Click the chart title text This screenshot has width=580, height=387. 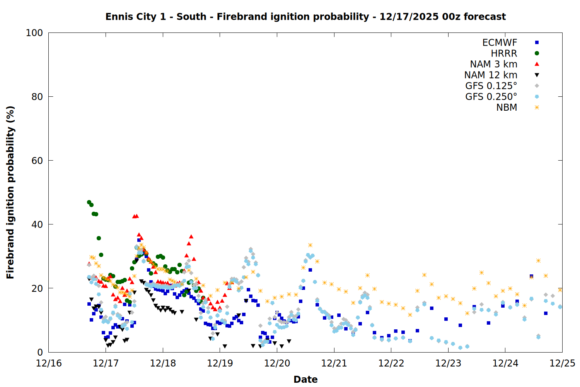pyautogui.click(x=305, y=17)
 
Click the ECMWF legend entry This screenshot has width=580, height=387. pyautogui.click(x=500, y=43)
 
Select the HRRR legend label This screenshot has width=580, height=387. pyautogui.click(x=504, y=53)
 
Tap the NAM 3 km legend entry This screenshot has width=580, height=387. pyautogui.click(x=493, y=64)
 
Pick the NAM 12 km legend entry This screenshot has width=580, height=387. pyautogui.click(x=491, y=75)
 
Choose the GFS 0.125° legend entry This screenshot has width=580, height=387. pyautogui.click(x=491, y=86)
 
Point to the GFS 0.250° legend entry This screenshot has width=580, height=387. pyautogui.click(x=491, y=97)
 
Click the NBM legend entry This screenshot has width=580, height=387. pyautogui.click(x=507, y=108)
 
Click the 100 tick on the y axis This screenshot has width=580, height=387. pyautogui.click(x=34, y=33)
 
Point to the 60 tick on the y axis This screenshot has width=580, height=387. pyautogui.click(x=37, y=161)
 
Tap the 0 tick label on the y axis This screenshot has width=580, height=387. pyautogui.click(x=40, y=352)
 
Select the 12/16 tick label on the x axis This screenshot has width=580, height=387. pyautogui.click(x=49, y=363)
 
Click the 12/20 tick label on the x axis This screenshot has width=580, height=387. pyautogui.click(x=277, y=363)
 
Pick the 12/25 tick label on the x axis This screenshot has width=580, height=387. pyautogui.click(x=562, y=363)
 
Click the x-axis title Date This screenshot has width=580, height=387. pyautogui.click(x=305, y=379)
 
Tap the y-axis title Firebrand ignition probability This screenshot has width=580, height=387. pyautogui.click(x=10, y=192)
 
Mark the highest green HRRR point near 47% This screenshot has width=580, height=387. pyautogui.click(x=89, y=202)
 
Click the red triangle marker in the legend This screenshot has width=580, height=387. pyautogui.click(x=537, y=64)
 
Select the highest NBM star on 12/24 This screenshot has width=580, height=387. pyautogui.click(x=538, y=261)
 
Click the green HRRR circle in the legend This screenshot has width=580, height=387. pyautogui.click(x=537, y=53)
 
